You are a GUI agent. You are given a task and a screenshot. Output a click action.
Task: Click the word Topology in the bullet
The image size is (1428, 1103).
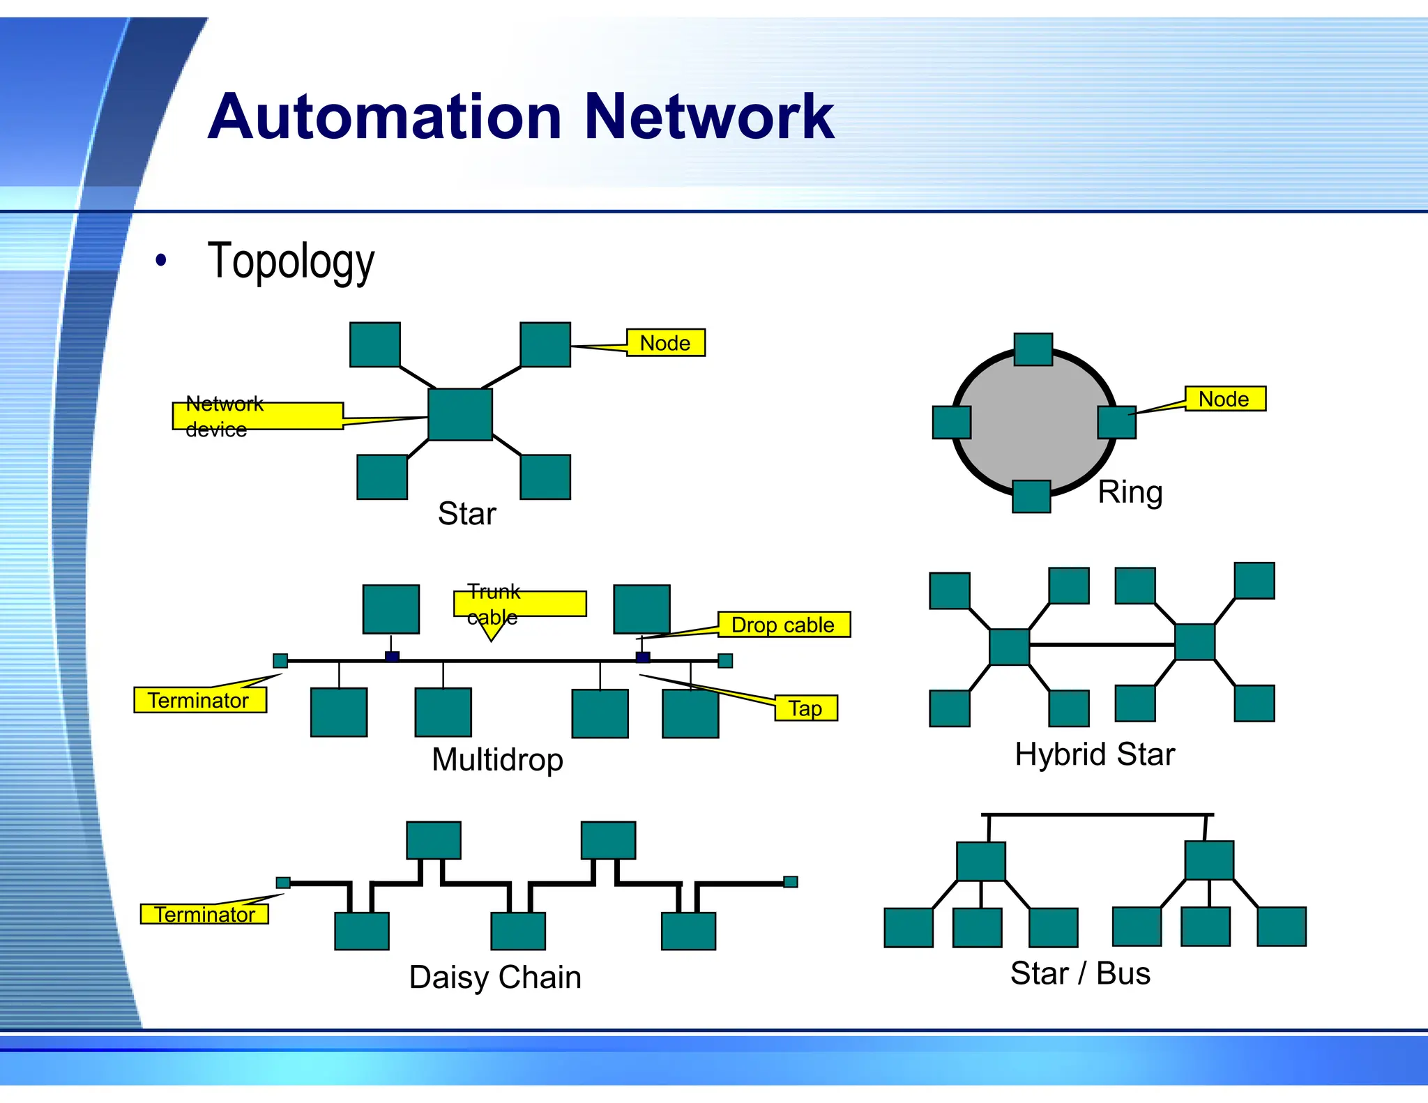pyautogui.click(x=291, y=261)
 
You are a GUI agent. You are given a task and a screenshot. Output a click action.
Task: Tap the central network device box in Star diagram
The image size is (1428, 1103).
pyautogui.click(x=460, y=415)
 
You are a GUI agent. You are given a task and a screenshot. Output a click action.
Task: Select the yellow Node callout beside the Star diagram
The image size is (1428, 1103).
pyautogui.click(x=665, y=343)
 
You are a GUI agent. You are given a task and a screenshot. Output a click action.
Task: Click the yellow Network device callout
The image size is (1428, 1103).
pyautogui.click(x=257, y=416)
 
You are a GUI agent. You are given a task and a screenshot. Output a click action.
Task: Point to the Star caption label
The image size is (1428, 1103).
pyautogui.click(x=466, y=514)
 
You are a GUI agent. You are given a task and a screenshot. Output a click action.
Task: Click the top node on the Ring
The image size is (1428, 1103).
pyautogui.click(x=1033, y=349)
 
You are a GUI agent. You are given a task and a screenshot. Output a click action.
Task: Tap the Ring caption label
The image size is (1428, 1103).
pyautogui.click(x=1130, y=492)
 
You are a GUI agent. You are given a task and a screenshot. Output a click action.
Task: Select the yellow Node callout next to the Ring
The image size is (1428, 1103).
pyautogui.click(x=1224, y=399)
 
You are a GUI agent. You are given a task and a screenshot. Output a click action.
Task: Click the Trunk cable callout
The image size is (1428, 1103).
pyautogui.click(x=519, y=604)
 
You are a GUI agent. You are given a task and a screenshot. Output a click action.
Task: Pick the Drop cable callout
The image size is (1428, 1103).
pyautogui.click(x=783, y=625)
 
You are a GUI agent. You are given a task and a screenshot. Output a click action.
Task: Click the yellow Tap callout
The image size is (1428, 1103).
pyautogui.click(x=805, y=708)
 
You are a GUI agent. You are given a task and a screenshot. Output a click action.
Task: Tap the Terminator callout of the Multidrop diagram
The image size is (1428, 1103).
pyautogui.click(x=199, y=700)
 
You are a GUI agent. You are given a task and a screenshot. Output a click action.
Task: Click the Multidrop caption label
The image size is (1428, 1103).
pyautogui.click(x=497, y=759)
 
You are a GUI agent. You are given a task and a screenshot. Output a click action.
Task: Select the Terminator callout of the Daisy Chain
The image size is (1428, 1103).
pyautogui.click(x=204, y=914)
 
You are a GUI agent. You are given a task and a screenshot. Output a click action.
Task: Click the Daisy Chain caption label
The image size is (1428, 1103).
pyautogui.click(x=495, y=977)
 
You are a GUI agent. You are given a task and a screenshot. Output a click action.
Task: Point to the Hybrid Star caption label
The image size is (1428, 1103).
pyautogui.click(x=1095, y=754)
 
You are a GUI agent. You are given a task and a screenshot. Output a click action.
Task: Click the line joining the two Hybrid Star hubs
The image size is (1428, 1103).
pyautogui.click(x=1102, y=645)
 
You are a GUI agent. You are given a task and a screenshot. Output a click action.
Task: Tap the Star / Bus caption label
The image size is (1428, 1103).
pyautogui.click(x=1080, y=973)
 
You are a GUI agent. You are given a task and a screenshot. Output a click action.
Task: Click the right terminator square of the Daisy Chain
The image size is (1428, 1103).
pyautogui.click(x=790, y=882)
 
